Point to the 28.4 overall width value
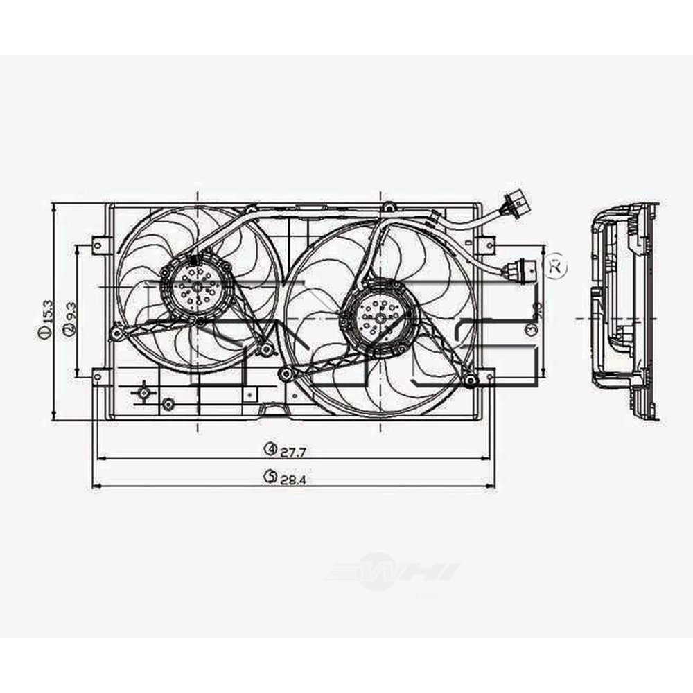tap(294, 477)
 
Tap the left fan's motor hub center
tap(197, 286)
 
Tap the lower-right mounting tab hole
tap(489, 378)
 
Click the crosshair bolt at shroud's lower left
tap(143, 393)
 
